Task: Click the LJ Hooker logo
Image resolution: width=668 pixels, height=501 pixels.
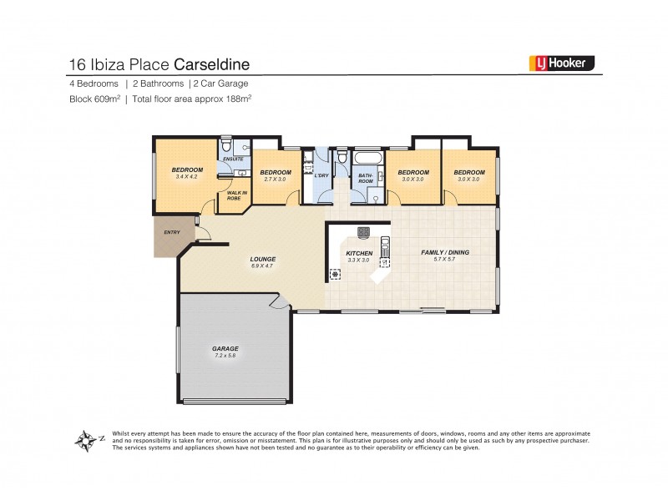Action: coord(561,62)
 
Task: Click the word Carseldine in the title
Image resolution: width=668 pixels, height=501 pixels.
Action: coord(212,63)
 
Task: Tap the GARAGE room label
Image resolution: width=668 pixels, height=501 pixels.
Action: coord(225,348)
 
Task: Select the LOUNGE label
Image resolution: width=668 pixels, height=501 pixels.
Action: coord(262,259)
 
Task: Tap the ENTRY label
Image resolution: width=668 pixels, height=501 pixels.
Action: coord(171,232)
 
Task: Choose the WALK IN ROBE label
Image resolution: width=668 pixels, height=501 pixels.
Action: coord(237,196)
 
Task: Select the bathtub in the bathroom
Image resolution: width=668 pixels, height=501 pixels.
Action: coord(368,158)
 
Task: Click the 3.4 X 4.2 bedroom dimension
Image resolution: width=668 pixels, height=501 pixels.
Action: coord(188,177)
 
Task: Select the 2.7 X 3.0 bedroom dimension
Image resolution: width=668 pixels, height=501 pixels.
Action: coord(275,179)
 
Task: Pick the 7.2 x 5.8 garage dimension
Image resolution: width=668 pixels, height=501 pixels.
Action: coord(225,356)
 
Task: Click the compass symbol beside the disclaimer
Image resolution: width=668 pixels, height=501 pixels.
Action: coord(85,439)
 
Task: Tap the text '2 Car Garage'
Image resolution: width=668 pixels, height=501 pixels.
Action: coord(220,83)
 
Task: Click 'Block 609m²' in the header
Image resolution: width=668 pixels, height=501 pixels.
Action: coord(94,99)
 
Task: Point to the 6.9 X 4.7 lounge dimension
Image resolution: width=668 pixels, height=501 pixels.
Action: coord(262,266)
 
